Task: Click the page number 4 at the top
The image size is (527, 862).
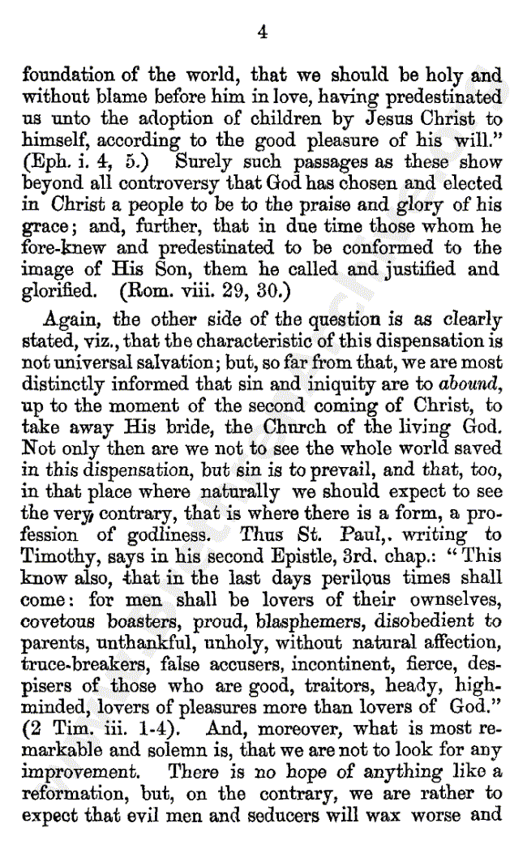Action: point(262,32)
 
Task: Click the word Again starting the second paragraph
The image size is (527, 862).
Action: point(68,319)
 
